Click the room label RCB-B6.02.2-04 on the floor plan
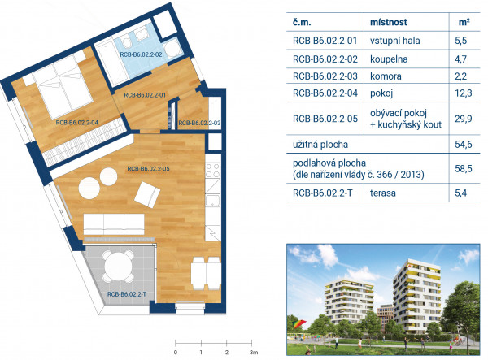[x=77, y=123]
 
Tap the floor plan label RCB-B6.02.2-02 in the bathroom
[x=141, y=54]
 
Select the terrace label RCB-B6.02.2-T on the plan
[x=127, y=294]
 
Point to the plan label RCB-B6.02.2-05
[x=149, y=169]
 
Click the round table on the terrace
[x=118, y=267]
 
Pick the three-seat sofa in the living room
[x=114, y=224]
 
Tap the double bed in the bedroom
[x=63, y=85]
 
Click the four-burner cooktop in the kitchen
[x=213, y=171]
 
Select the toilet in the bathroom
[x=126, y=42]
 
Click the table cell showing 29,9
[x=464, y=119]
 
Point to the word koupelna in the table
[x=389, y=59]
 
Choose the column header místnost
[x=389, y=23]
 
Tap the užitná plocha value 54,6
[x=464, y=145]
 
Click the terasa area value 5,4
[x=460, y=193]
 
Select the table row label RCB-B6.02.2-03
[x=325, y=76]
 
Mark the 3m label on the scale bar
[x=254, y=353]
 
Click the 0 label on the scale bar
[x=176, y=353]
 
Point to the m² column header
[x=464, y=23]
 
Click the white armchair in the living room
[x=147, y=194]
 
